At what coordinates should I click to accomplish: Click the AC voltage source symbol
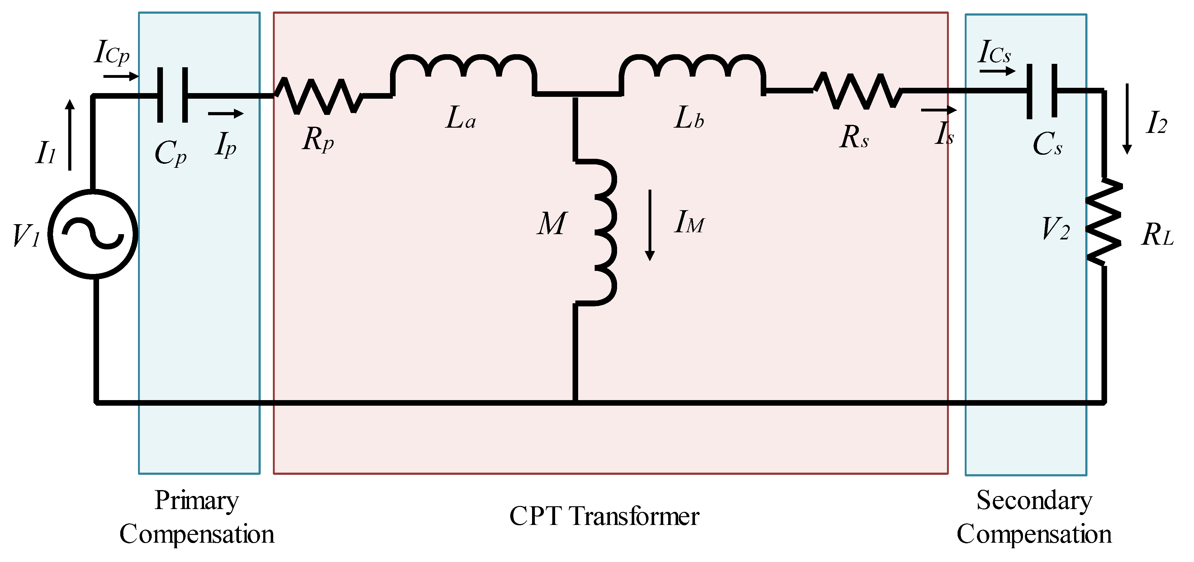pyautogui.click(x=93, y=234)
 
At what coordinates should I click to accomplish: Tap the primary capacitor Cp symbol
pyautogui.click(x=173, y=95)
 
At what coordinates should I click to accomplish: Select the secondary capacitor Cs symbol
pyautogui.click(x=1042, y=91)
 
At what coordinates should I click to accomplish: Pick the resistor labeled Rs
pyautogui.click(x=858, y=92)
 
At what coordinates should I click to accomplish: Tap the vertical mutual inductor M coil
pyautogui.click(x=602, y=232)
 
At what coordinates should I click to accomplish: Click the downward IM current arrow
pyautogui.click(x=650, y=225)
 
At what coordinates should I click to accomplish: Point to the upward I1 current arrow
pyautogui.click(x=70, y=135)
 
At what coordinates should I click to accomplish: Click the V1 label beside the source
pyautogui.click(x=26, y=235)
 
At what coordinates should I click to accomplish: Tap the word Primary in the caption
pyautogui.click(x=197, y=500)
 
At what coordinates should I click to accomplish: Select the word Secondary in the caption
pyautogui.click(x=1034, y=500)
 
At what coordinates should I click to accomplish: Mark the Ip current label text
pyautogui.click(x=226, y=144)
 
